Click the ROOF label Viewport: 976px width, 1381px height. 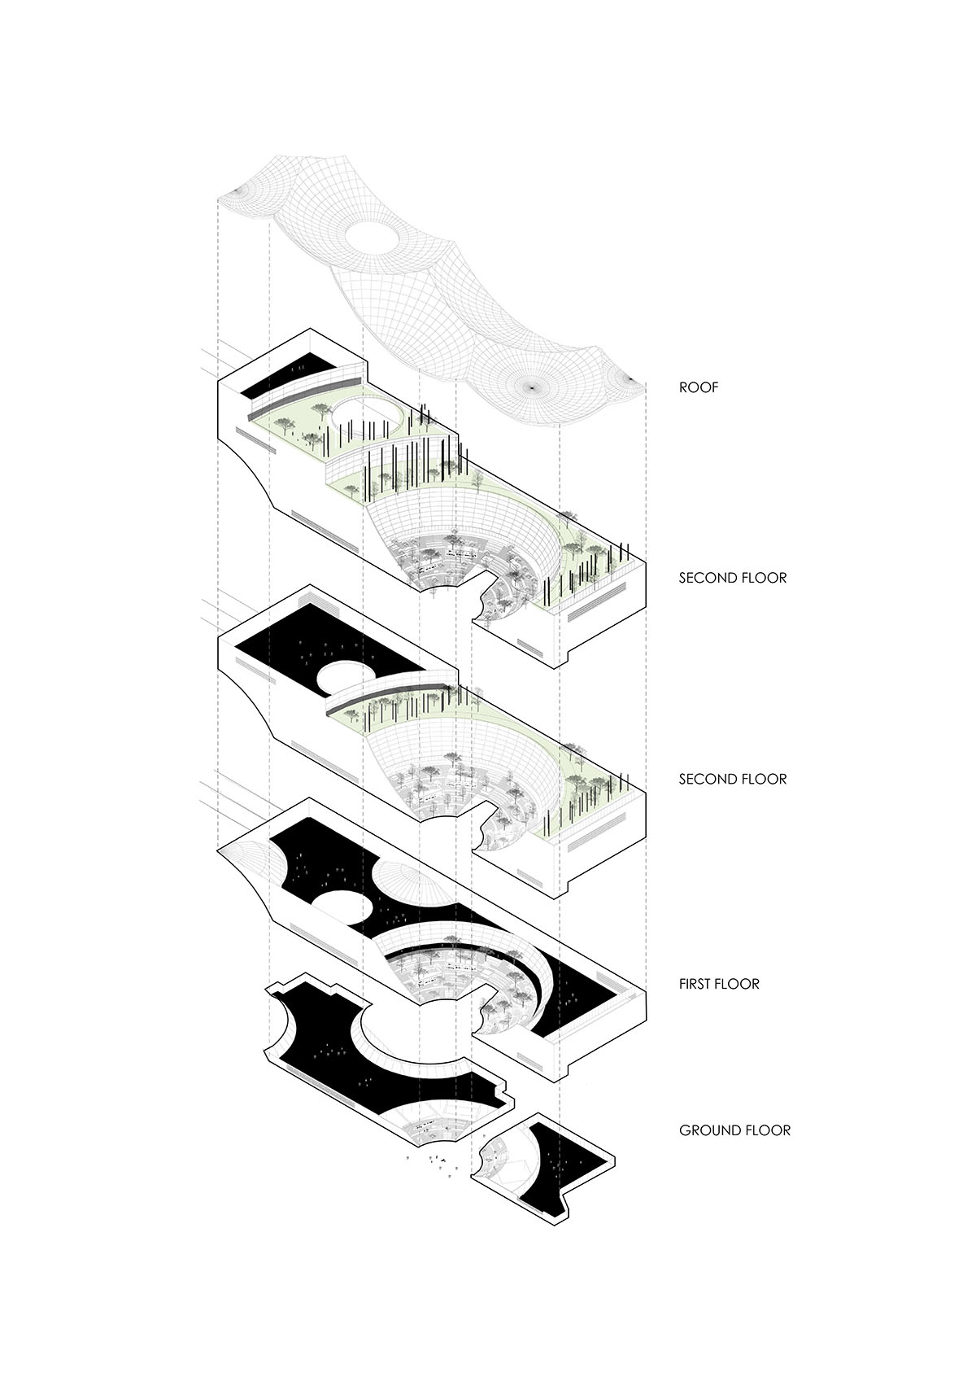click(699, 387)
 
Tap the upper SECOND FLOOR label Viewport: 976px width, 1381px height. click(732, 579)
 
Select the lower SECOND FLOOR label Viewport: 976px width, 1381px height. click(732, 780)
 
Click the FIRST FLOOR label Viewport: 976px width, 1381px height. click(719, 984)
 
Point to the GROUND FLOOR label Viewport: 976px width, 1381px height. click(734, 1130)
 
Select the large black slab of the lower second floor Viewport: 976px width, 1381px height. click(325, 635)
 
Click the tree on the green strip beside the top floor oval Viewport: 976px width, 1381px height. click(285, 422)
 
